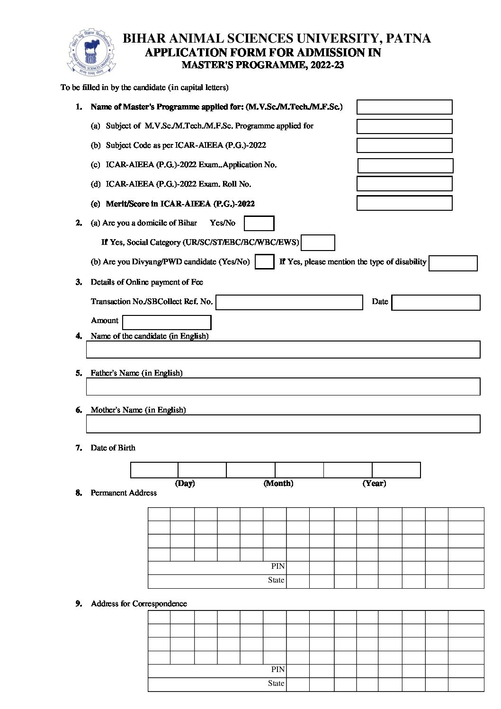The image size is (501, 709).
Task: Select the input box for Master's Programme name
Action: (404, 107)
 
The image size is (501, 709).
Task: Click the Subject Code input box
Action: (404, 145)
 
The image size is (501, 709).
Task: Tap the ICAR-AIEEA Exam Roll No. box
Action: (404, 184)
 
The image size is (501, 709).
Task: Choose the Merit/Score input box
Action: (404, 203)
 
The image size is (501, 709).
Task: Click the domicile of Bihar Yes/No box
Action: (259, 223)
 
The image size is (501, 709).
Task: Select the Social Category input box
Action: (318, 242)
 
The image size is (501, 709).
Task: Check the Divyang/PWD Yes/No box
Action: (264, 262)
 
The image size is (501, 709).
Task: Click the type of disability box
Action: (453, 263)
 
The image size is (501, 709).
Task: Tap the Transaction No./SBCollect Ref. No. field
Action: (289, 303)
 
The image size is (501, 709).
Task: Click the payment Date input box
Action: (436, 303)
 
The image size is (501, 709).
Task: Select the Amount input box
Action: (167, 323)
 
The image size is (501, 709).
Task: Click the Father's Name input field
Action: (283, 386)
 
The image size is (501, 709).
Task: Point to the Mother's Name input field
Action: (283, 424)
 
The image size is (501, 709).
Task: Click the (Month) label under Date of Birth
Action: (278, 484)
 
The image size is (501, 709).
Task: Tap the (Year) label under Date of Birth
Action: (374, 484)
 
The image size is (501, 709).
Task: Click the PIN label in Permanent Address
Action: (278, 566)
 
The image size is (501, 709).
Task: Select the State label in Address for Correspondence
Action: (276, 683)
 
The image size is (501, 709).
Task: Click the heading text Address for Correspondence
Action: (139, 604)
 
